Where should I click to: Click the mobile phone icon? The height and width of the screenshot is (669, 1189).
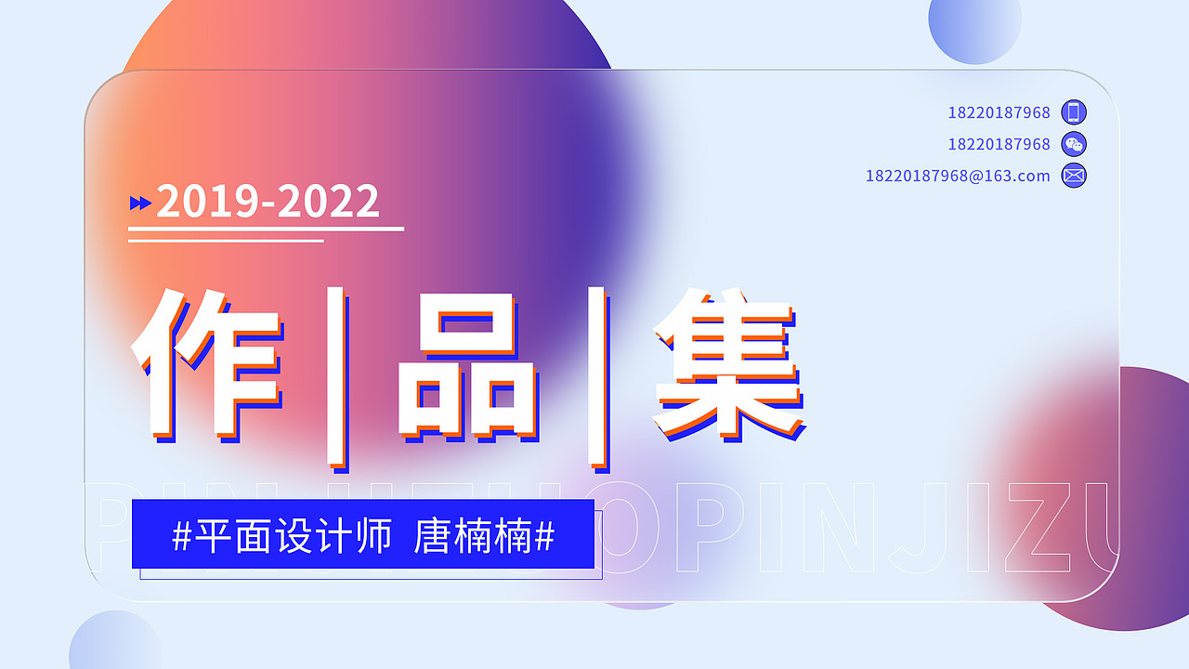tap(1074, 112)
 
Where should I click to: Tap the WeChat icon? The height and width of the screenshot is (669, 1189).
tap(1074, 144)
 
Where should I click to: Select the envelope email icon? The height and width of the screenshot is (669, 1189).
tap(1074, 176)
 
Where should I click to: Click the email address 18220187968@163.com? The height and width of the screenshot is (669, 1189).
tap(958, 176)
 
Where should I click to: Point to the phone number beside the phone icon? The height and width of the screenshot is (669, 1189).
tap(999, 112)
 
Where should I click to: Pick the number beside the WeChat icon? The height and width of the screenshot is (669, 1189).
tap(999, 144)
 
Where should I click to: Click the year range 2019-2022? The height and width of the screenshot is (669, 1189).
tap(268, 202)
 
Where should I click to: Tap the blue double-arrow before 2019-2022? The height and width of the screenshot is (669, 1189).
tap(140, 203)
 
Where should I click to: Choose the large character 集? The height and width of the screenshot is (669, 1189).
tap(726, 364)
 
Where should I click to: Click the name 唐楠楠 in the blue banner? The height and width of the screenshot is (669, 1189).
tap(473, 536)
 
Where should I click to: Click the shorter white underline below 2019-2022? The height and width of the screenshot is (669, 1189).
tap(226, 241)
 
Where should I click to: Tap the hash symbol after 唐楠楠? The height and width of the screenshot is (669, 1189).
tap(545, 536)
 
